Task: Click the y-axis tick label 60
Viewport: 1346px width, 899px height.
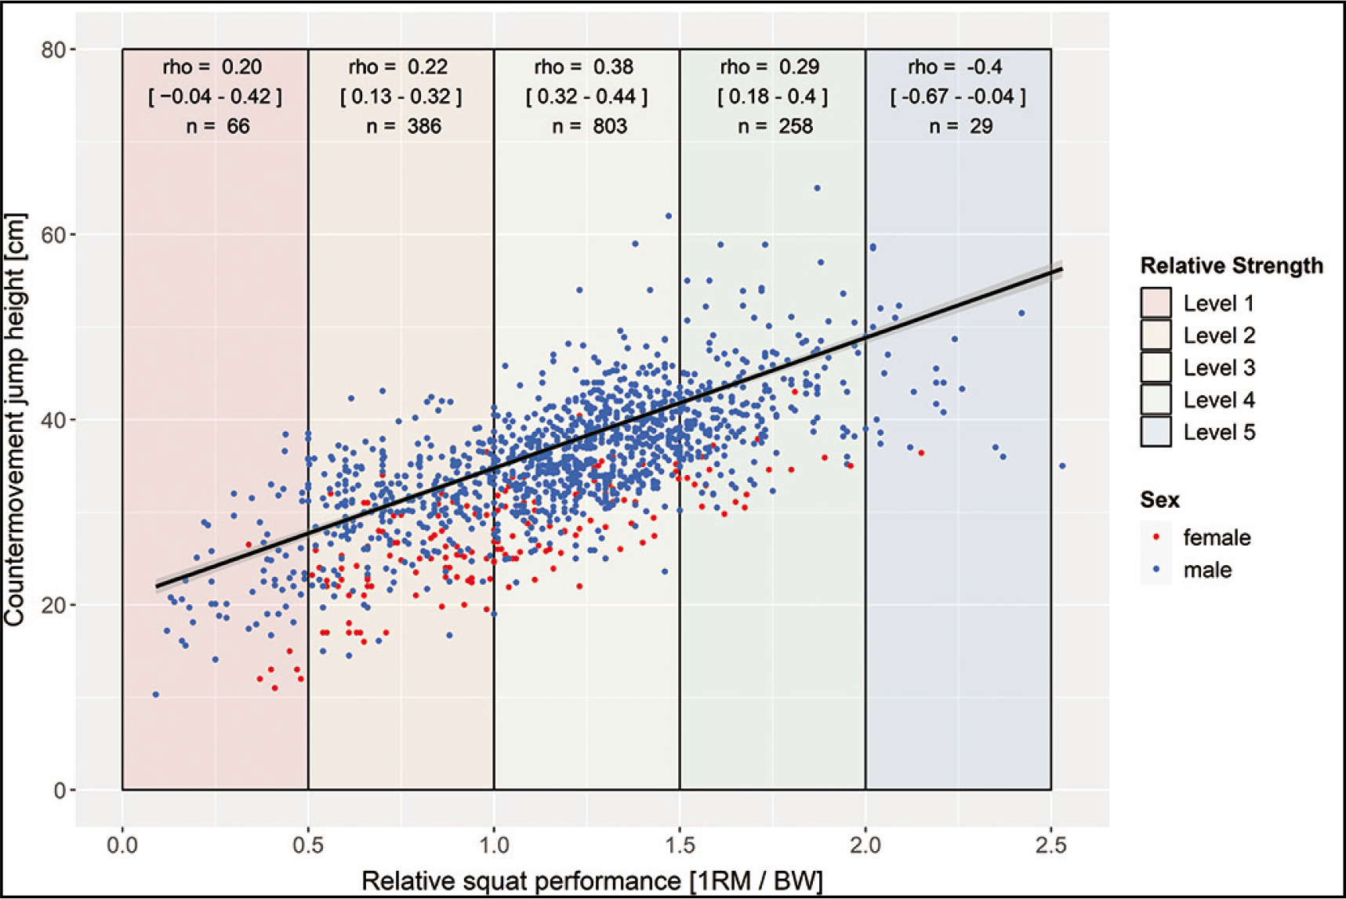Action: click(x=54, y=235)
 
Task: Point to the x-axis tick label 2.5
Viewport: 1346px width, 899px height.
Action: click(x=1050, y=846)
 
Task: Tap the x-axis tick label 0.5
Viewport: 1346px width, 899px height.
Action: click(x=308, y=846)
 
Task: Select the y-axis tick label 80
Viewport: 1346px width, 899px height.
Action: click(x=54, y=50)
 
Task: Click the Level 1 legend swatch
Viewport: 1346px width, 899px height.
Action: click(x=1156, y=303)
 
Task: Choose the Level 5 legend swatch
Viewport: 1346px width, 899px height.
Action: click(x=1156, y=432)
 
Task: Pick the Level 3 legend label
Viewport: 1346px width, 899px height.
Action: click(x=1219, y=368)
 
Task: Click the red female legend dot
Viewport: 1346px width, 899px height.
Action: click(x=1156, y=538)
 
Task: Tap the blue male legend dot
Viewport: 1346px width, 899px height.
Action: click(x=1156, y=570)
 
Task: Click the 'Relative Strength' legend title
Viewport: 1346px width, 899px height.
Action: click(x=1231, y=266)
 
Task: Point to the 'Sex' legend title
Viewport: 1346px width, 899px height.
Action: click(x=1159, y=500)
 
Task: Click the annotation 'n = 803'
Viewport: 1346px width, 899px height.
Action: click(x=589, y=126)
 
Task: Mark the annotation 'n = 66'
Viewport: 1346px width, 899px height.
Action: click(x=217, y=126)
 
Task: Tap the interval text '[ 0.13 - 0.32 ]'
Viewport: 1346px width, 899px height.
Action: click(x=401, y=97)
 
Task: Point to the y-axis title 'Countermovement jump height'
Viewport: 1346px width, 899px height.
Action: click(x=16, y=419)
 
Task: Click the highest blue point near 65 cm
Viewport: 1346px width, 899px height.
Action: click(x=817, y=188)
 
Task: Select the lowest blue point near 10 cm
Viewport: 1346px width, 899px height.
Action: click(x=156, y=694)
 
